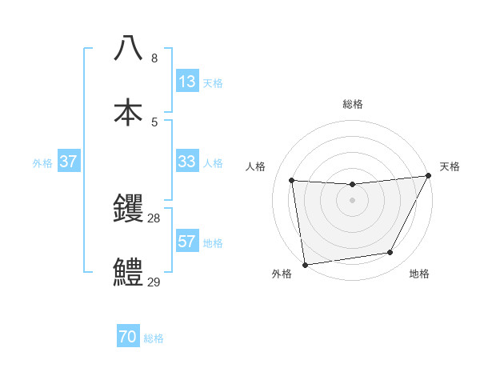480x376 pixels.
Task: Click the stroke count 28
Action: coord(154,218)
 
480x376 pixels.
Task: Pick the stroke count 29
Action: coord(154,281)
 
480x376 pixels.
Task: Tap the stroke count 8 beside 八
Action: coord(154,58)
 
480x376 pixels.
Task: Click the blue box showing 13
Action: coord(187,82)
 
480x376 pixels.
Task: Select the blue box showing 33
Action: coord(187,162)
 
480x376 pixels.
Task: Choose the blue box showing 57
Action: coord(187,242)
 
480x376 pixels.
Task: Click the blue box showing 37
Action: coord(68,162)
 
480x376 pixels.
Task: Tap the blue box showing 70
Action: coord(128,338)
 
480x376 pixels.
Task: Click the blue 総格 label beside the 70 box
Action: coord(154,338)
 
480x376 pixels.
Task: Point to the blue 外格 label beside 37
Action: coord(42,162)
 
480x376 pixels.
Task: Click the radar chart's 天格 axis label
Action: coord(450,166)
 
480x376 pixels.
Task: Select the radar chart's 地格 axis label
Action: coord(419,274)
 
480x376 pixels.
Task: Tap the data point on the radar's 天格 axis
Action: coord(429,176)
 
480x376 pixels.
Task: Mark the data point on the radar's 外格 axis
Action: coord(305,264)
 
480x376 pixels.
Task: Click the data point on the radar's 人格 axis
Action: coord(292,181)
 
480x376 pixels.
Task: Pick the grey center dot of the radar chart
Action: coord(352,200)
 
